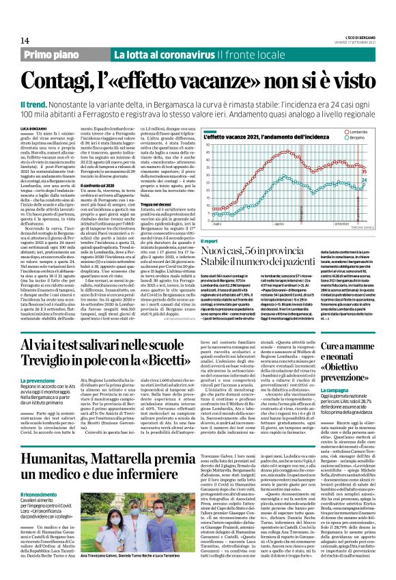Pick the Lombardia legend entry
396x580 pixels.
[358, 129]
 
